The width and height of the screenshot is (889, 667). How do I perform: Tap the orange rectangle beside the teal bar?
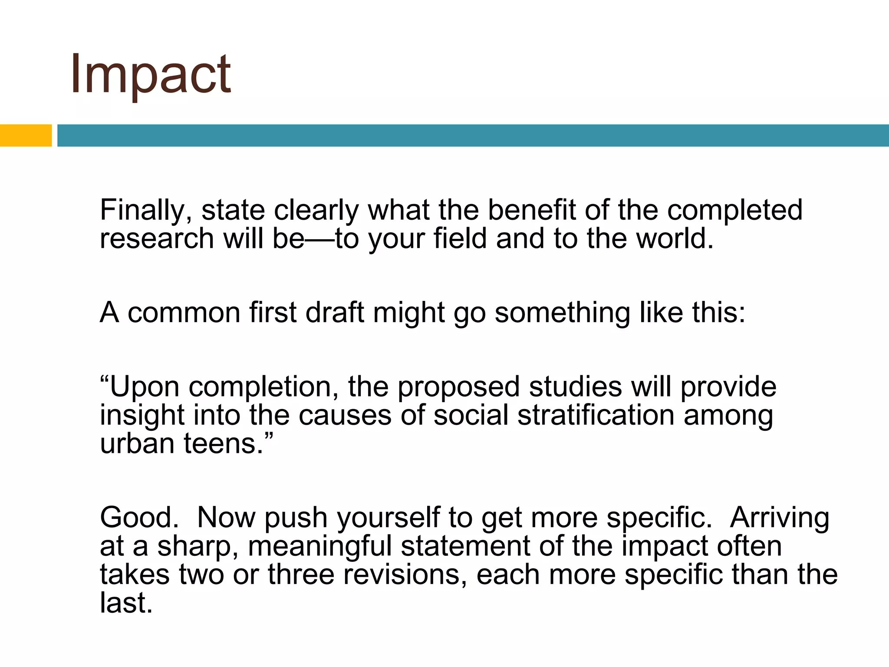click(26, 135)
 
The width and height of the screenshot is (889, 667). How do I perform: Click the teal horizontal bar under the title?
click(473, 135)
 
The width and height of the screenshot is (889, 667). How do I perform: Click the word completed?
click(734, 211)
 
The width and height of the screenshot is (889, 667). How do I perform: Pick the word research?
click(157, 239)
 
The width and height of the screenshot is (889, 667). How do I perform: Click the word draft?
click(335, 312)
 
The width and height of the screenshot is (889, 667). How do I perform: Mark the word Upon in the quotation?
click(144, 387)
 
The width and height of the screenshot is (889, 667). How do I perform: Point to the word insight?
click(142, 416)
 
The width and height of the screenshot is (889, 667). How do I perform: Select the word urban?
click(137, 443)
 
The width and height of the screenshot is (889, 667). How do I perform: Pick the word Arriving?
click(779, 518)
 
